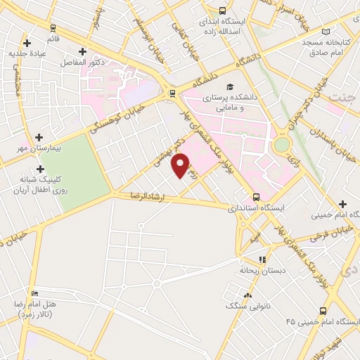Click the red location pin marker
pos(181,165)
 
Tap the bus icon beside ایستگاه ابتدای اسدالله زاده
pos(222,11)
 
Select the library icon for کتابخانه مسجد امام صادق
pos(325,32)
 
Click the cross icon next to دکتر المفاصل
pos(83,51)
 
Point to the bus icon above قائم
pos(53,28)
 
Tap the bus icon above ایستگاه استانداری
pos(256,198)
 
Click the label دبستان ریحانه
pos(255,269)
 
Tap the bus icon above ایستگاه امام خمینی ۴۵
pos(323,311)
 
